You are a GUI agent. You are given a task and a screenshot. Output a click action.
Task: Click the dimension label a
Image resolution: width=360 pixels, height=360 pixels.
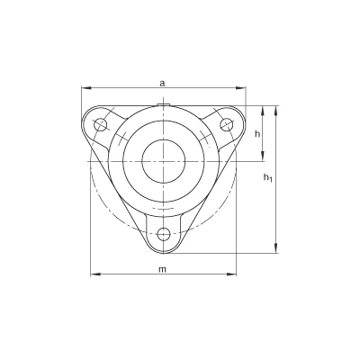click(162, 83)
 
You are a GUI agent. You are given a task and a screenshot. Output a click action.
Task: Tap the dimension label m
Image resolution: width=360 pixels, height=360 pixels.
click(162, 269)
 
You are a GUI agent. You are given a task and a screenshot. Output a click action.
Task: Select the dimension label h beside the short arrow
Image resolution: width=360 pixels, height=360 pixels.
click(257, 134)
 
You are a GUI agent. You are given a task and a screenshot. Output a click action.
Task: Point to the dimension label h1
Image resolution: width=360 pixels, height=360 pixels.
click(267, 178)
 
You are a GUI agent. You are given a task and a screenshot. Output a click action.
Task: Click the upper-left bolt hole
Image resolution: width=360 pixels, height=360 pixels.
click(100, 124)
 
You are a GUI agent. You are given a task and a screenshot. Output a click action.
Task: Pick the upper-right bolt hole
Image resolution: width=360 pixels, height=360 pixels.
click(227, 124)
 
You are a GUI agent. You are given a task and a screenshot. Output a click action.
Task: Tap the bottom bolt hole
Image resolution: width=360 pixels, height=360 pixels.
click(164, 234)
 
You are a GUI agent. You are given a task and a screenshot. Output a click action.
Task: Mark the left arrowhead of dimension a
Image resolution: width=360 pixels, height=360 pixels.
click(86, 88)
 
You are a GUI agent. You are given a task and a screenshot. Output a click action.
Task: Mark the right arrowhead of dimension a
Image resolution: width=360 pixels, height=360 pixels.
click(241, 88)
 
